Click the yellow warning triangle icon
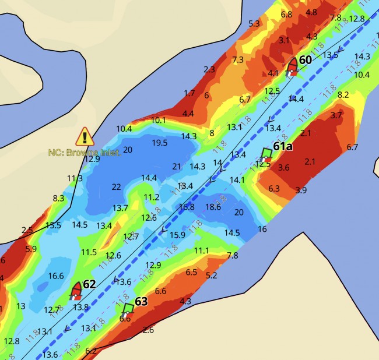(85, 137)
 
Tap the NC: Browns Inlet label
(85, 153)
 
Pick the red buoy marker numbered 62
(76, 290)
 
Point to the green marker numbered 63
(128, 309)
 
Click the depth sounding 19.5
(160, 143)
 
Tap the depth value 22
(117, 186)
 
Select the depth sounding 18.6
(213, 206)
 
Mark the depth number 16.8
(187, 206)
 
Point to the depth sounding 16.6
(56, 276)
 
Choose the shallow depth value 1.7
(189, 93)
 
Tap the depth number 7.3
(238, 59)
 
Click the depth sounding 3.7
(336, 115)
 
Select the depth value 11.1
(201, 250)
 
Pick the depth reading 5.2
(211, 274)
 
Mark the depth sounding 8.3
(58, 198)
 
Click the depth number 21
(177, 166)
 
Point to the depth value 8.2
(343, 94)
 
